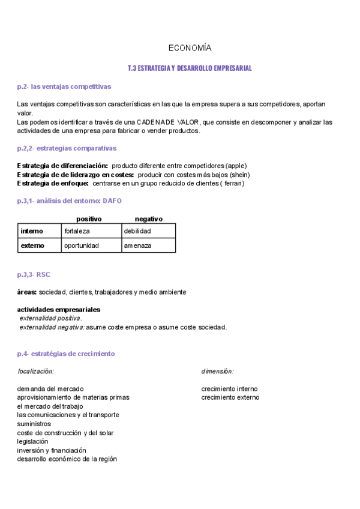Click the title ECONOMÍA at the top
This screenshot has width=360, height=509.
coord(189,48)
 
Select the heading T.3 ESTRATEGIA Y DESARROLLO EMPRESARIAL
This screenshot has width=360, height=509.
coord(190,68)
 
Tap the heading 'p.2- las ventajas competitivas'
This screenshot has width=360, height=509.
coord(64,86)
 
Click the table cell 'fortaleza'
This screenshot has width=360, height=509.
coord(77,230)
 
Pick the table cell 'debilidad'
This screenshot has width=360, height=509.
coord(137,230)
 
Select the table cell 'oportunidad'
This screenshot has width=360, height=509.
coord(82,245)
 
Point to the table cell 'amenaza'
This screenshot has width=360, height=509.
coord(137,245)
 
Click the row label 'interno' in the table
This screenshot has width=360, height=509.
coord(32,230)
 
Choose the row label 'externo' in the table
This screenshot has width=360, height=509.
coord(32,245)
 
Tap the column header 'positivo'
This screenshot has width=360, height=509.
coord(89,219)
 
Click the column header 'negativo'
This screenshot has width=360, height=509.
coord(148,219)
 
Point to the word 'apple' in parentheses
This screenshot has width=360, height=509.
coord(236,166)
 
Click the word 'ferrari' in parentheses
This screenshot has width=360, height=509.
coord(233,183)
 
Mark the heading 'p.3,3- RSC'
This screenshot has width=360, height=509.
coord(34,274)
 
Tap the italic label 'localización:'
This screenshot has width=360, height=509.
coord(36,372)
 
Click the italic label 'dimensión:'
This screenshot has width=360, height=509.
coord(217,372)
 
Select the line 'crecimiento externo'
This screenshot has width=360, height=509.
coord(230,397)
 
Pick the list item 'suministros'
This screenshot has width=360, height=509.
coord(34,424)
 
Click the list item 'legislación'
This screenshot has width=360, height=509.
coord(32,441)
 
